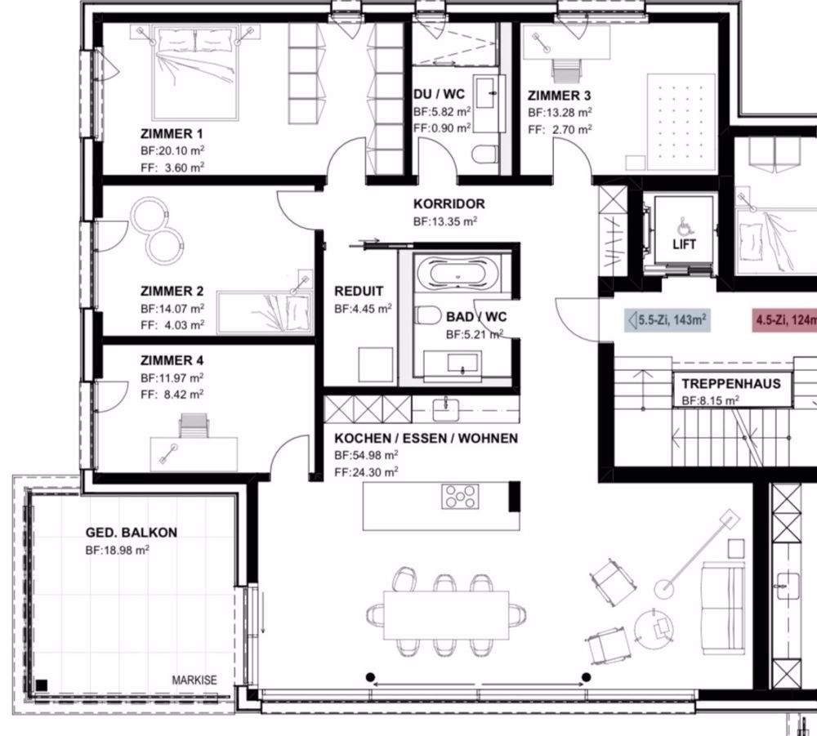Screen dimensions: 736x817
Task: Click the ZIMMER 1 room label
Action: pos(172,133)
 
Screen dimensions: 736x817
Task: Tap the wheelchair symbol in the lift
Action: pos(683,225)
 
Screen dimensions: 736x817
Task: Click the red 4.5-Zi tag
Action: pos(784,320)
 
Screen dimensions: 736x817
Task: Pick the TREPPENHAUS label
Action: pos(731,384)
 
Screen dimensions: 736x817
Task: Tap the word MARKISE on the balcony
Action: pos(194,680)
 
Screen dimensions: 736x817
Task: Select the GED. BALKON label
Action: pos(132,533)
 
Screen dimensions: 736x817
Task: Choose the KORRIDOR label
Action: pos(449,204)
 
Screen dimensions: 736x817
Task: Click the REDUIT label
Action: pos(359,292)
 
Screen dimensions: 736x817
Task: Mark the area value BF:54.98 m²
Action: pos(366,455)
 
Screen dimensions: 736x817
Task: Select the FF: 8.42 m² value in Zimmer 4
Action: pos(172,394)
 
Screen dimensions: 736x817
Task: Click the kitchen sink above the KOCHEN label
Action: pos(448,406)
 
